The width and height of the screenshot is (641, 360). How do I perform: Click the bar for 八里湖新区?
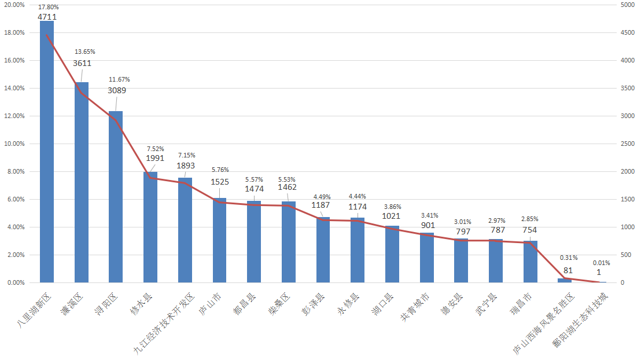(x=47, y=152)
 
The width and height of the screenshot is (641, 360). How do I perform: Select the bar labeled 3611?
(x=82, y=182)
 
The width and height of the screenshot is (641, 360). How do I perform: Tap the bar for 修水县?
(x=150, y=227)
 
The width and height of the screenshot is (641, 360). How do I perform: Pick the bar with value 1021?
(x=392, y=254)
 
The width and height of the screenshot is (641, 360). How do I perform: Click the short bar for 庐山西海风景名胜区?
(x=565, y=281)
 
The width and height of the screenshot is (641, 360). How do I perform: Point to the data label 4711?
(x=47, y=17)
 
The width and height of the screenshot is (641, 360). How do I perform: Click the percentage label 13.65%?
(x=84, y=52)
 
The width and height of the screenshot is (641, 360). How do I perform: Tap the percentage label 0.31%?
(x=568, y=258)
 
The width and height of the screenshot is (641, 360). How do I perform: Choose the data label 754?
(x=530, y=230)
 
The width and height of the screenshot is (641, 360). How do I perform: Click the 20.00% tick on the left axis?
(x=14, y=5)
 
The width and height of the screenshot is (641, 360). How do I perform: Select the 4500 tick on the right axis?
(x=628, y=32)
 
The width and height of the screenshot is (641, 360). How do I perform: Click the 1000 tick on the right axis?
(x=628, y=227)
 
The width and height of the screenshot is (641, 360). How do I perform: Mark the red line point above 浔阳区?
(x=116, y=120)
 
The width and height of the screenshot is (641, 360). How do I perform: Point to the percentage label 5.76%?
(x=220, y=170)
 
